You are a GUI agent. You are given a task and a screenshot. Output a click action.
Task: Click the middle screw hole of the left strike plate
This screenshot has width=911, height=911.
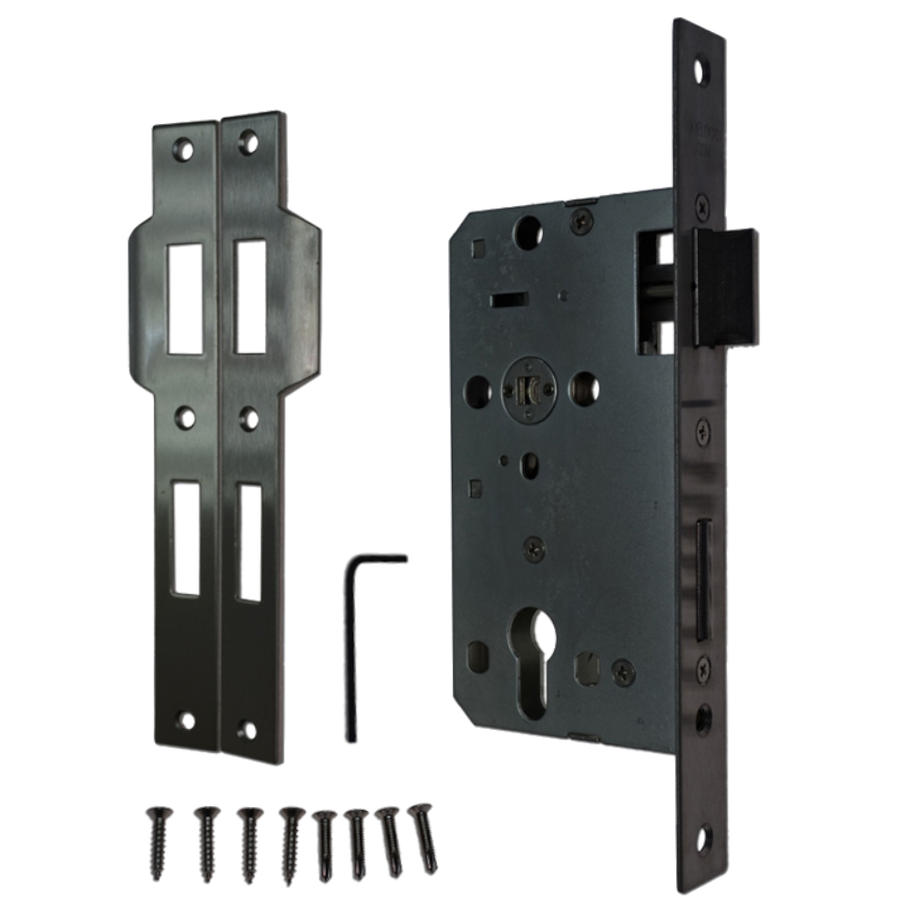point(186,416)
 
